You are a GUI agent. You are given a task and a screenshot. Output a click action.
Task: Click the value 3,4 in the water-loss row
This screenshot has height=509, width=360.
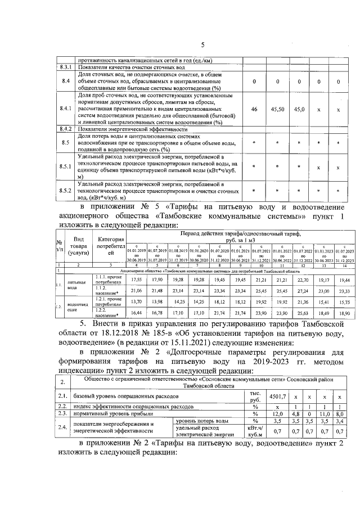[x=339, y=420]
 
